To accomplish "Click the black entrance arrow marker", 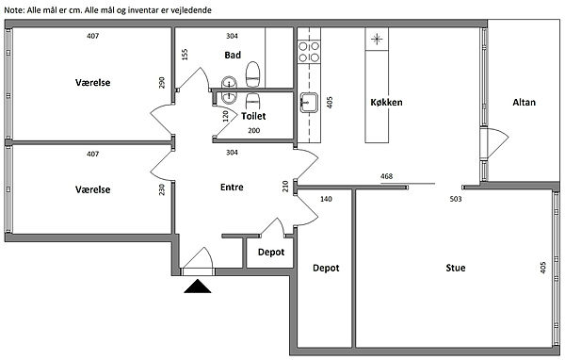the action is point(198,286).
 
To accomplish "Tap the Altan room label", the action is point(524,103).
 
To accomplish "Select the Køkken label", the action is point(386,103).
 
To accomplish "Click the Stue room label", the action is point(456,268).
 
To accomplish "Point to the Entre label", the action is point(232,188).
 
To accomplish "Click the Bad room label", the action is point(233,56).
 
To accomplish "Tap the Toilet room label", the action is point(253,116).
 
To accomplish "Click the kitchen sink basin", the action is point(309,103).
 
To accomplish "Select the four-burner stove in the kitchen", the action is point(309,52).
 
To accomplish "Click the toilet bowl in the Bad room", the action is point(253,74).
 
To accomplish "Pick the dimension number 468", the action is point(386,176).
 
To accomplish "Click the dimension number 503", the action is point(456,199).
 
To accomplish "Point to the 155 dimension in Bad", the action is point(185,55).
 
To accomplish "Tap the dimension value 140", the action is point(326,199).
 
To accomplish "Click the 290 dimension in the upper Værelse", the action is point(162,83).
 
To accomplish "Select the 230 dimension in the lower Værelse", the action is point(162,189).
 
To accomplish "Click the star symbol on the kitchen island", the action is point(377,39).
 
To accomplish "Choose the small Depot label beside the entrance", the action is point(271,253).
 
